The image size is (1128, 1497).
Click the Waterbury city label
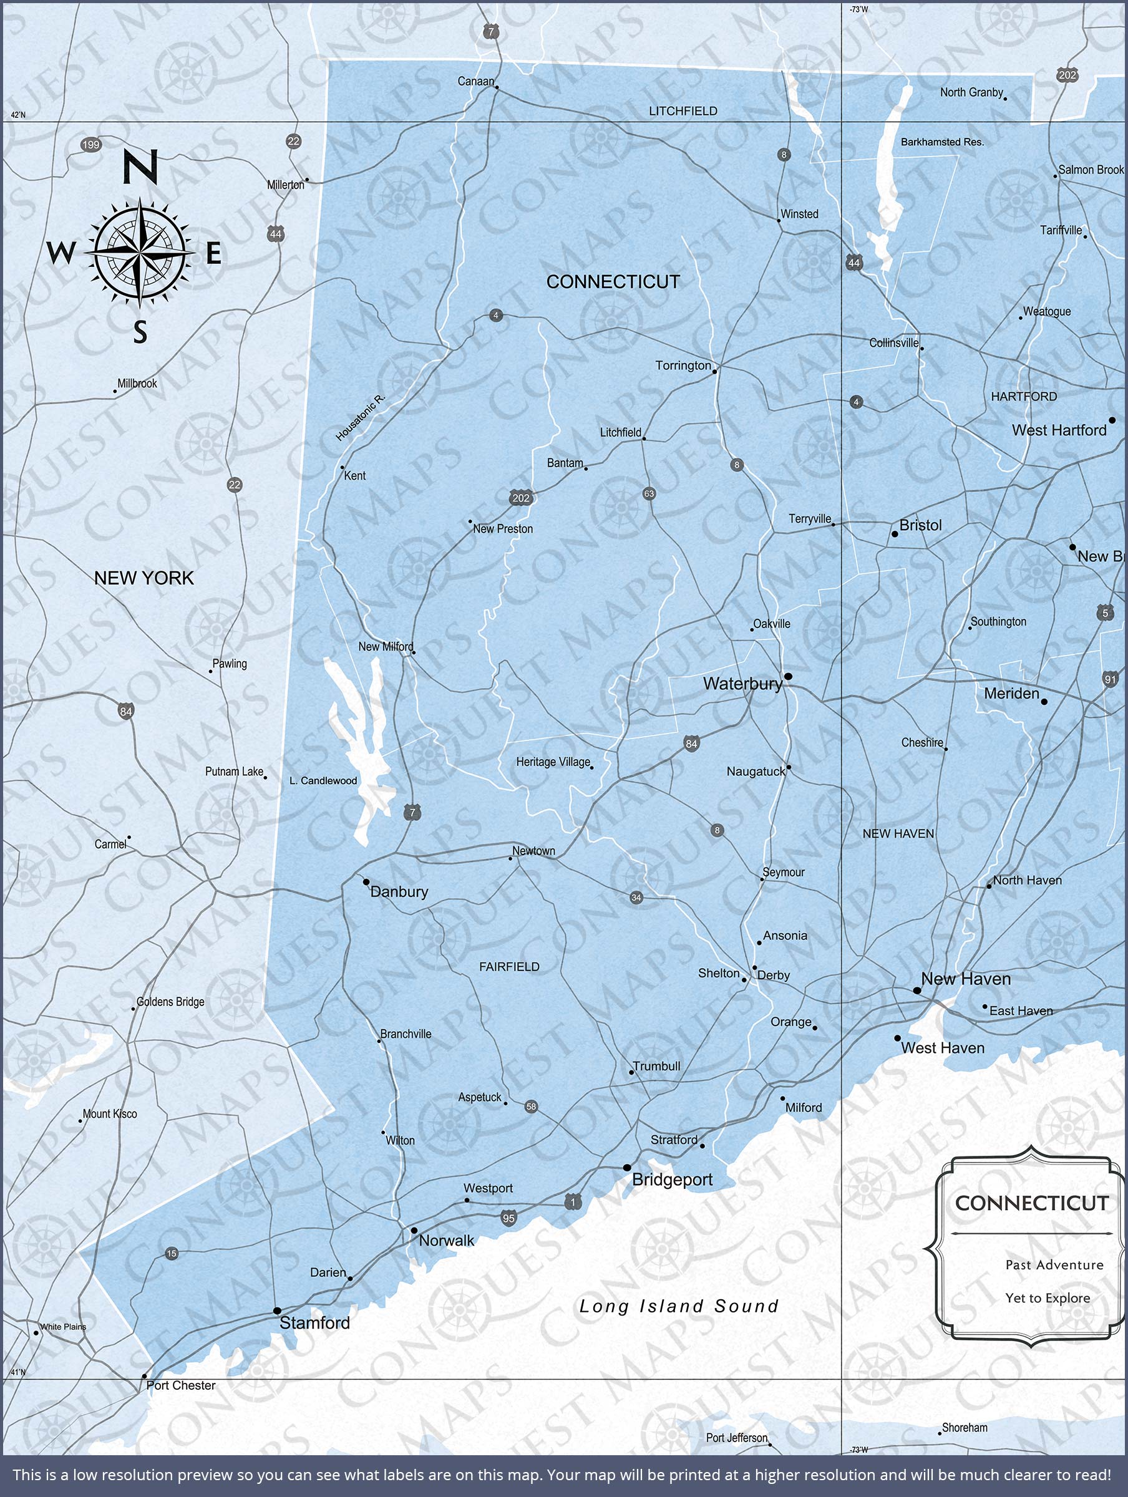(x=742, y=684)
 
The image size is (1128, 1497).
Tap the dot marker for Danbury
(x=366, y=883)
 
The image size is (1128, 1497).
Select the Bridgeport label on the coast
(x=672, y=1180)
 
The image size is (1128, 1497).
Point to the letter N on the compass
(x=140, y=167)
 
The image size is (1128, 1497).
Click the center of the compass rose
(x=140, y=253)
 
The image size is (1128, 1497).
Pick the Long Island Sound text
(x=678, y=1306)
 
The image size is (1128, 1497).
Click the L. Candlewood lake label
(x=323, y=781)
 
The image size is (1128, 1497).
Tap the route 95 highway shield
(x=509, y=1218)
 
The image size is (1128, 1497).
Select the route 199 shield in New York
(x=90, y=145)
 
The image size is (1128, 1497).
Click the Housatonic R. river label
(x=360, y=419)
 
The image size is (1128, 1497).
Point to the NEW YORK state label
(x=143, y=578)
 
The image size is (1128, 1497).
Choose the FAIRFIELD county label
(x=509, y=967)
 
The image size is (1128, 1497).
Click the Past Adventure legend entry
(x=1054, y=1264)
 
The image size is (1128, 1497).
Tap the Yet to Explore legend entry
(x=1048, y=1297)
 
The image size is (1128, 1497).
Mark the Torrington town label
(x=683, y=366)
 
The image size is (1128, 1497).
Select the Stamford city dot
(x=277, y=1311)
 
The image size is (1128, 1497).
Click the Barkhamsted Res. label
(x=942, y=142)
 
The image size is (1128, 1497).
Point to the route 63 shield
(x=649, y=494)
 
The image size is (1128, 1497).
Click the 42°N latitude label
(x=18, y=115)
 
